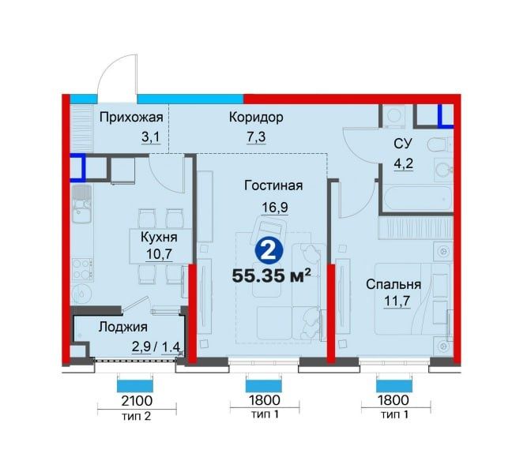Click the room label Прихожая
click(x=131, y=118)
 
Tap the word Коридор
click(x=256, y=118)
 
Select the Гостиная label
click(x=273, y=185)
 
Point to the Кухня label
click(x=159, y=238)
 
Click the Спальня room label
click(x=394, y=285)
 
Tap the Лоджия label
click(x=123, y=328)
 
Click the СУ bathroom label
click(x=403, y=144)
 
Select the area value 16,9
click(x=275, y=207)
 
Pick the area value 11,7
click(x=397, y=301)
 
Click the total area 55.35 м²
click(x=271, y=275)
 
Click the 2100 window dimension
click(x=137, y=401)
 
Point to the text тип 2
click(x=136, y=416)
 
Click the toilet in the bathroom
click(x=439, y=146)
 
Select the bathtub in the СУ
click(x=417, y=199)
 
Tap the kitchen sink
click(x=81, y=204)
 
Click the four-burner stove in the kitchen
click(x=83, y=269)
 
